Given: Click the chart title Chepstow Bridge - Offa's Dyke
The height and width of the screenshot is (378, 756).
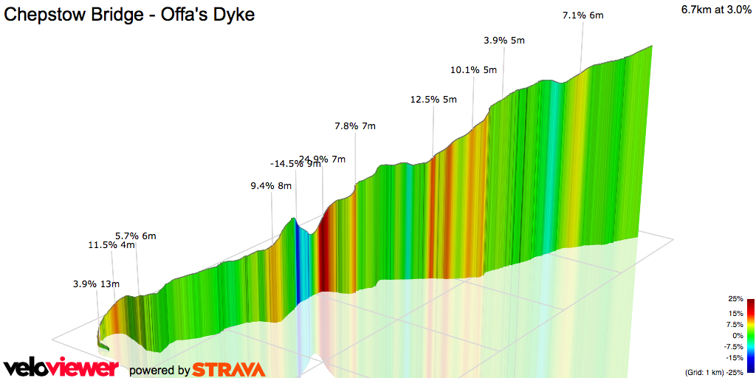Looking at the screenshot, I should [x=130, y=15].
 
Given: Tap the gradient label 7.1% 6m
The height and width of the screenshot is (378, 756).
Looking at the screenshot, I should [x=583, y=16].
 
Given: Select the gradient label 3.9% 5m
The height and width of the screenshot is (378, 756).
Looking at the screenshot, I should [x=504, y=41].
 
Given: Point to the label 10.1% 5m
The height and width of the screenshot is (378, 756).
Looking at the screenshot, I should [x=473, y=70].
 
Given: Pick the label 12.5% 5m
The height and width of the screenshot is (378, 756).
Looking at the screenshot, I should [x=433, y=100].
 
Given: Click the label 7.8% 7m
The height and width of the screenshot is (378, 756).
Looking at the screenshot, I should [x=354, y=126].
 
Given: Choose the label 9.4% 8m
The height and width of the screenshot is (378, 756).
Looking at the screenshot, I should [x=271, y=186].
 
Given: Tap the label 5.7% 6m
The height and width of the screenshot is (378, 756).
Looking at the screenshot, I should [x=135, y=236].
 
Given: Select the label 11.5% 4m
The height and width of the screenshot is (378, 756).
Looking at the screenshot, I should [x=111, y=245].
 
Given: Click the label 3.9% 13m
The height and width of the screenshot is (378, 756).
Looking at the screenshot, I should [x=96, y=283].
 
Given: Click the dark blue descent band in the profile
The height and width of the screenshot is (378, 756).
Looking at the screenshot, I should [x=299, y=258].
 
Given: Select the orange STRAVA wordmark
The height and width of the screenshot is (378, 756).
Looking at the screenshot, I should [x=229, y=369].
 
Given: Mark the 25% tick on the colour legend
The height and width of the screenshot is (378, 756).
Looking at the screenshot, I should [x=735, y=299].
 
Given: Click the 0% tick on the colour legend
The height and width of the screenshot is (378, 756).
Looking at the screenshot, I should [x=738, y=335].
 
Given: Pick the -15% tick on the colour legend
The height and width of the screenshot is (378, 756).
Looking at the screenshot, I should [x=735, y=357].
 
